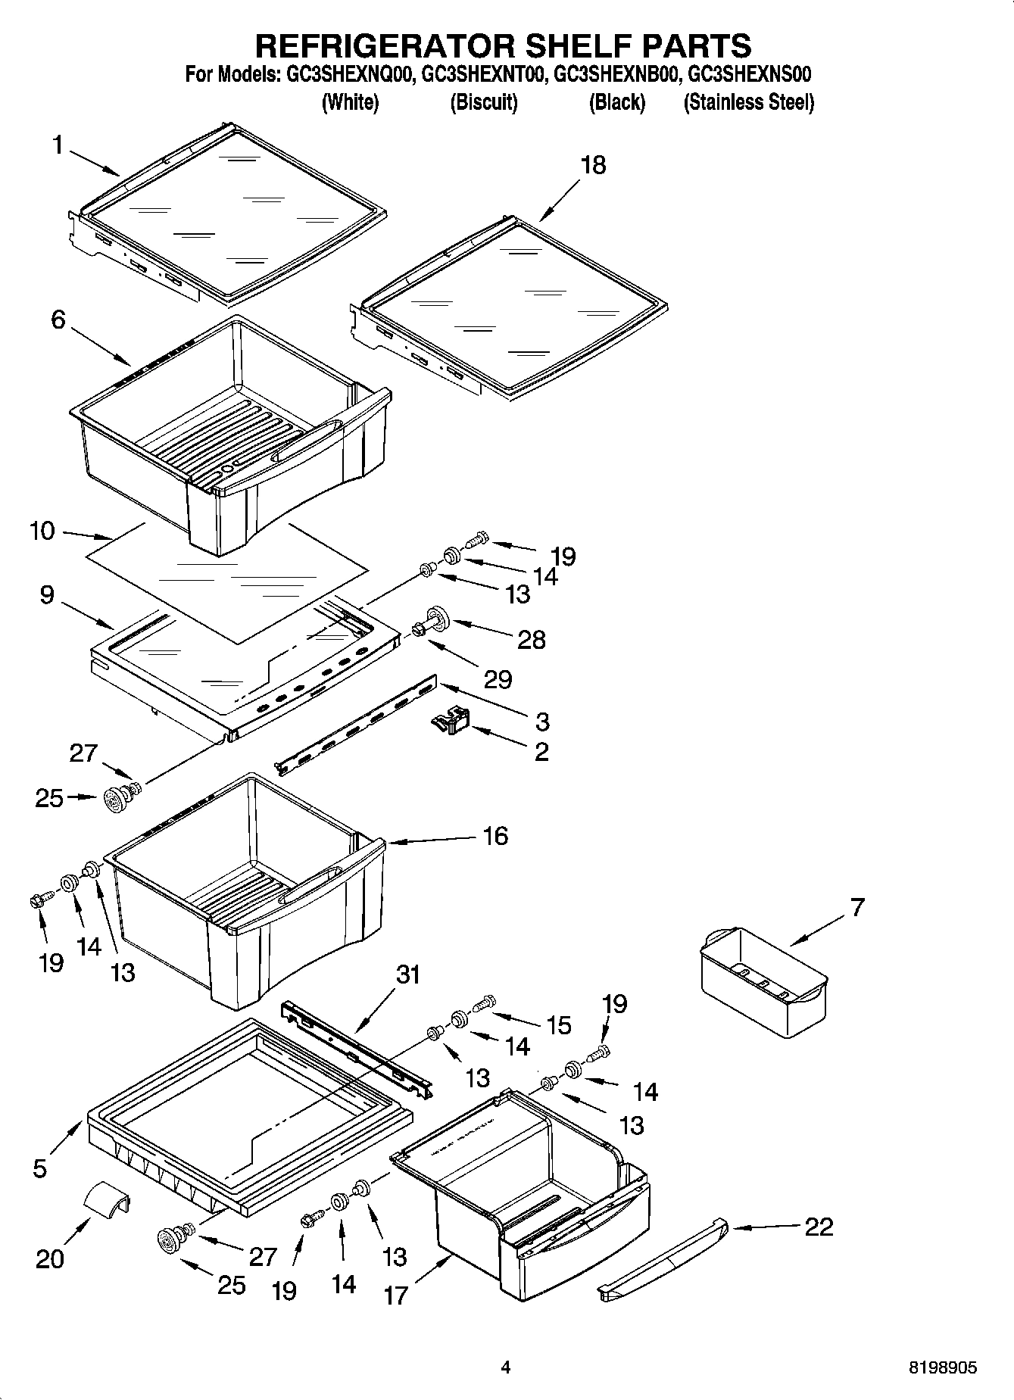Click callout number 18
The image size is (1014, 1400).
(593, 165)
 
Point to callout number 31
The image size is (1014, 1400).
(408, 974)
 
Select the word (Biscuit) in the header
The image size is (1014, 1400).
(483, 102)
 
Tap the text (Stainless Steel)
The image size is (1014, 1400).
(748, 102)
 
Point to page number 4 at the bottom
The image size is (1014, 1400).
(506, 1367)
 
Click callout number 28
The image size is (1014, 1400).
(531, 640)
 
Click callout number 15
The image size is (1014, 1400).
(558, 1025)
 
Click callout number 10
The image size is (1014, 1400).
(42, 531)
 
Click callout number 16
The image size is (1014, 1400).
(495, 836)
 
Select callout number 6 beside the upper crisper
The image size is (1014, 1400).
(58, 320)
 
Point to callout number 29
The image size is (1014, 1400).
(498, 679)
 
